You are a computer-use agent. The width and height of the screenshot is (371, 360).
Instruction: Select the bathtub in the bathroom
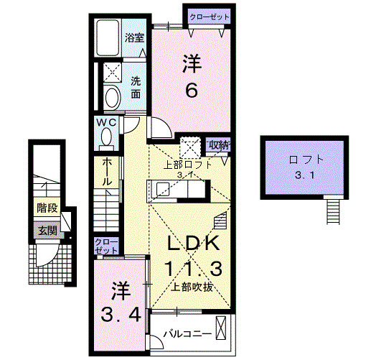coord(109,37)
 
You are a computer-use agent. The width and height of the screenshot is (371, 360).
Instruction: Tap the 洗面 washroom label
coord(135,87)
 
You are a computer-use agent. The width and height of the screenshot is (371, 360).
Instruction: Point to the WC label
coord(106,123)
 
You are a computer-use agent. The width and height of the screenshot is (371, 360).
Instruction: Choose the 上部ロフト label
coord(189,164)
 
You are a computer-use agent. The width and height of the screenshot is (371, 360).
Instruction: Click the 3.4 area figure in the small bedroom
coord(120,314)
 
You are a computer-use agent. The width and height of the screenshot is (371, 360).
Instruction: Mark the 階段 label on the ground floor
coord(47,210)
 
